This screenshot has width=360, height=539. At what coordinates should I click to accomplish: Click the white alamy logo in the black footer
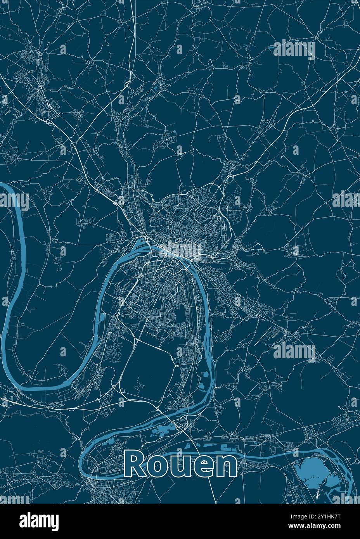point(39,520)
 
